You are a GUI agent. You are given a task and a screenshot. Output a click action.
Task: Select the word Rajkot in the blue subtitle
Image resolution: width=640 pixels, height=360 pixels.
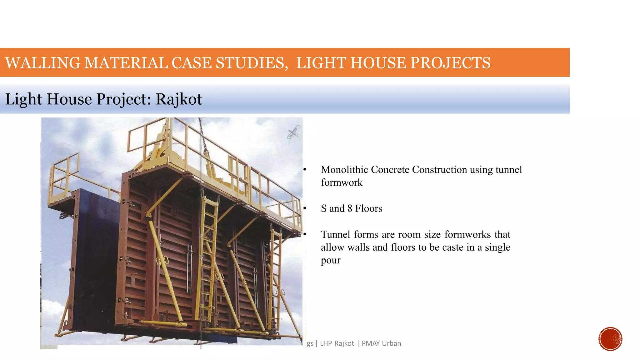click(x=179, y=99)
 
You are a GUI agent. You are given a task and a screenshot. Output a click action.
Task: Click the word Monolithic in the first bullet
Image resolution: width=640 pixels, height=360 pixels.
click(x=344, y=170)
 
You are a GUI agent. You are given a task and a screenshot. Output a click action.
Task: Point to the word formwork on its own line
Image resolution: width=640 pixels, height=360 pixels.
click(x=342, y=182)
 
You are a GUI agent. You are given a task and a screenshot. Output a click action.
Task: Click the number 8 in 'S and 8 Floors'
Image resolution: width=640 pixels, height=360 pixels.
click(x=350, y=208)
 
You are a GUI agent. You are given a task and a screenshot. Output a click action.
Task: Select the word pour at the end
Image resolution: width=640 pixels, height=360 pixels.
click(x=330, y=260)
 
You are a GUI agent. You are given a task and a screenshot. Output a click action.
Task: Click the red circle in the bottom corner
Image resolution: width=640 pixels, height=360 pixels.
click(x=610, y=339)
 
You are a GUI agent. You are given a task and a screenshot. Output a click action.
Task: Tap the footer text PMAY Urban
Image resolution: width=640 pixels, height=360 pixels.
click(x=381, y=343)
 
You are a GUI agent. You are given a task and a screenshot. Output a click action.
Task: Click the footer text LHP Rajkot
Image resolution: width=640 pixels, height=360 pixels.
click(x=337, y=343)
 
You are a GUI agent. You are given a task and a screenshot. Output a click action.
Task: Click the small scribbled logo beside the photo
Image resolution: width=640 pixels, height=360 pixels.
click(x=294, y=132)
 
